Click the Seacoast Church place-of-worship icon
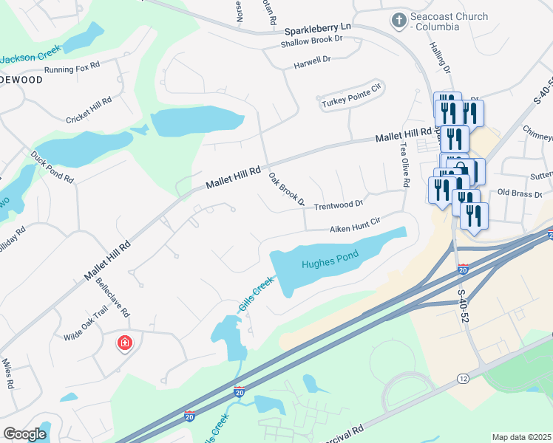(x=399, y=21)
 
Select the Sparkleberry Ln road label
(x=318, y=31)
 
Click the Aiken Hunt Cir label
(x=354, y=224)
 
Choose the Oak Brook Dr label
(x=286, y=189)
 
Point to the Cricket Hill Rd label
(x=88, y=110)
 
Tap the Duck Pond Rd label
(x=52, y=168)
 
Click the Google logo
(x=24, y=434)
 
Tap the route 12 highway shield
(x=463, y=379)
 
